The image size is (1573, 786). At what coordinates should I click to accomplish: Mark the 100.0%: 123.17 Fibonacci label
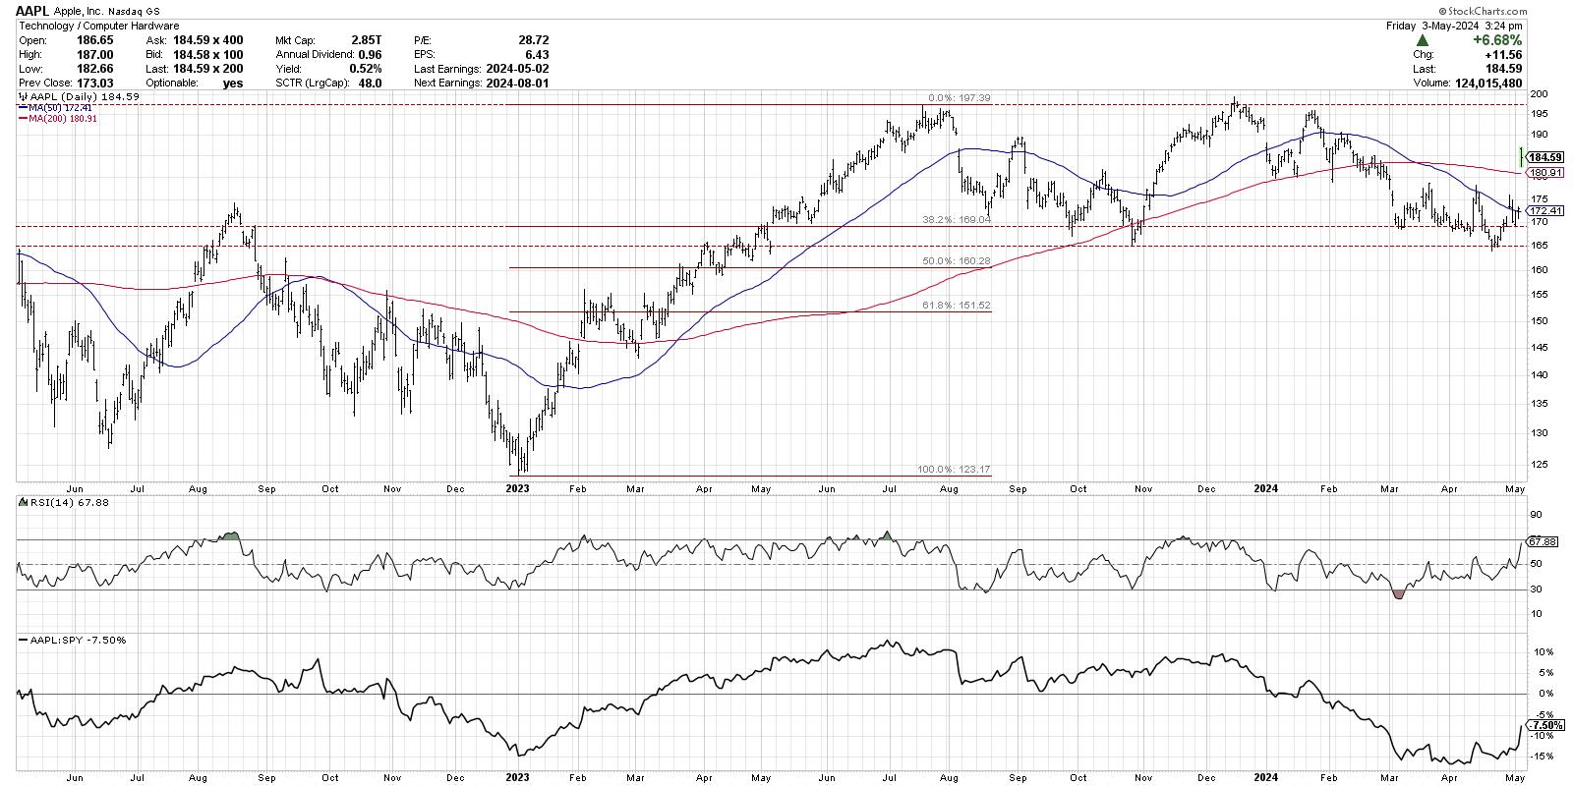click(x=958, y=471)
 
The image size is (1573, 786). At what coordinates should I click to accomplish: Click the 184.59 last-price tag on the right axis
click(x=1545, y=157)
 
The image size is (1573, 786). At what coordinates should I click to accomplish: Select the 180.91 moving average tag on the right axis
click(x=1545, y=173)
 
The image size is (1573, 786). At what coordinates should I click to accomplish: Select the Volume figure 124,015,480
click(x=1484, y=84)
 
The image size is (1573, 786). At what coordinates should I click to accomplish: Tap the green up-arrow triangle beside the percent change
click(x=1422, y=40)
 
